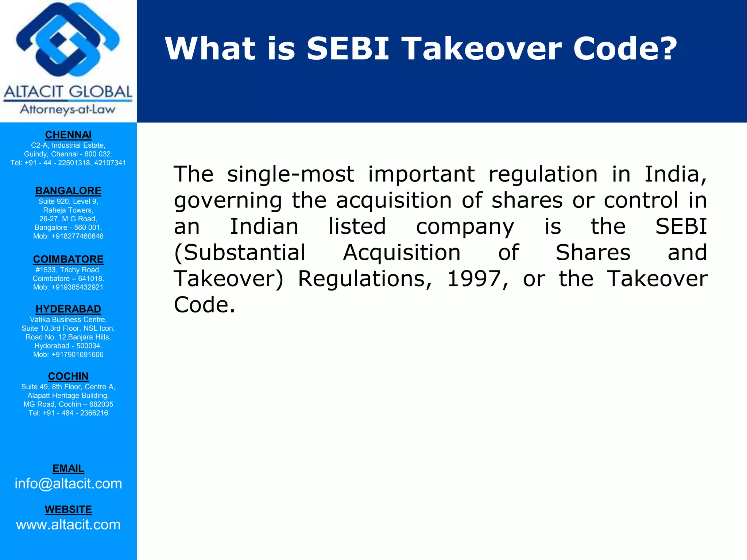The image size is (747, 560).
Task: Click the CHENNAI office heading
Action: pyautogui.click(x=68, y=135)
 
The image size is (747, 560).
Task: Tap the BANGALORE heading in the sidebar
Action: pyautogui.click(x=68, y=191)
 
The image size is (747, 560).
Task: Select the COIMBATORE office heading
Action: pyautogui.click(x=68, y=259)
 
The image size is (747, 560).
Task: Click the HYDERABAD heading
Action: pyautogui.click(x=68, y=309)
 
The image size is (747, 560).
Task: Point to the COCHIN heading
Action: pyautogui.click(x=68, y=376)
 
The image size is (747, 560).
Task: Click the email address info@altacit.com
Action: pyautogui.click(x=68, y=483)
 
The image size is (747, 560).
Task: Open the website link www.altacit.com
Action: pyautogui.click(x=68, y=525)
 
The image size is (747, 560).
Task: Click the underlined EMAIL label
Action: pyautogui.click(x=68, y=468)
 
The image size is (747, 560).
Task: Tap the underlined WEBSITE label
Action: pyautogui.click(x=68, y=509)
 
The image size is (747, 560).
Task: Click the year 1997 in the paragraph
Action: pyautogui.click(x=473, y=279)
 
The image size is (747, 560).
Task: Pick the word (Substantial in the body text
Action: pyautogui.click(x=240, y=253)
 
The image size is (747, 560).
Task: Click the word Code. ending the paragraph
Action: pyautogui.click(x=204, y=305)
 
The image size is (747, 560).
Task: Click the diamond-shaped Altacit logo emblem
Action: pyautogui.click(x=68, y=40)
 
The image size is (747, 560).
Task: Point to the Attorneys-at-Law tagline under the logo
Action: pyautogui.click(x=68, y=109)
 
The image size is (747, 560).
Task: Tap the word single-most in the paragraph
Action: pyautogui.click(x=290, y=174)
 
